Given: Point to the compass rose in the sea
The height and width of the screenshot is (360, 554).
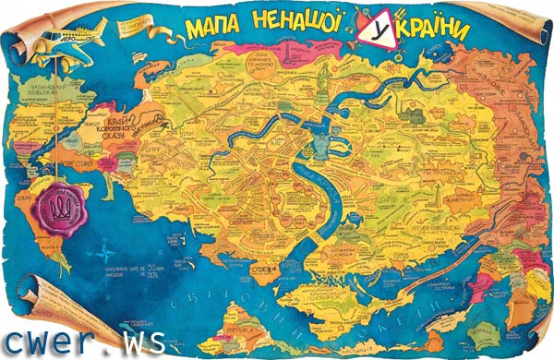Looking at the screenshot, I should (x=111, y=247).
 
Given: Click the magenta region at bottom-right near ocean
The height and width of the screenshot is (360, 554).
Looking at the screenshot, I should (x=480, y=294).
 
